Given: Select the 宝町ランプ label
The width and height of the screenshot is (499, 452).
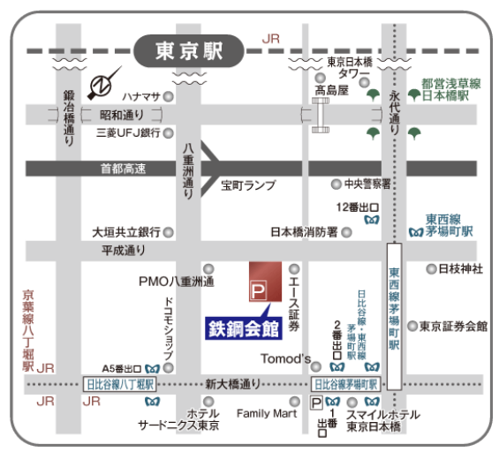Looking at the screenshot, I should coord(248,185).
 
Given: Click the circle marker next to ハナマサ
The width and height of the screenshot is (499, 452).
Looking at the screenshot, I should coord(167,96).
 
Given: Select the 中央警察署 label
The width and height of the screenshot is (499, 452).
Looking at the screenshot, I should coord(367,184).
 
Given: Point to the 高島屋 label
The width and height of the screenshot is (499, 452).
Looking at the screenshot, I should coord(332,89).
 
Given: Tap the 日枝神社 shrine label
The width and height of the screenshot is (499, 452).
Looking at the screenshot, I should coord(461,268).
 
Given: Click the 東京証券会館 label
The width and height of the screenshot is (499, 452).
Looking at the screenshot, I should coord(453,326).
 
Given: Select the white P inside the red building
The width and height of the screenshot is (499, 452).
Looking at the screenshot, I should coord(260,289).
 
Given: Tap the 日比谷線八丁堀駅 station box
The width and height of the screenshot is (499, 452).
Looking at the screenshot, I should coord(120,384).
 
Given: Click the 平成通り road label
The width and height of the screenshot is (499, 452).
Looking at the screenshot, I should coord(123,251).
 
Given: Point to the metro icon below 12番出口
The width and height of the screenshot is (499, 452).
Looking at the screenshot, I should coord(372,218).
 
